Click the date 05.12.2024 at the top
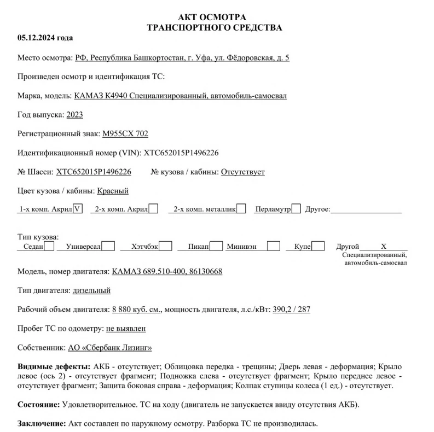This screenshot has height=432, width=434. (x=45, y=38)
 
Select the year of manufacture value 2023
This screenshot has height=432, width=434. (x=74, y=114)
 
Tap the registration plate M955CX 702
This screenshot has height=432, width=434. (x=125, y=133)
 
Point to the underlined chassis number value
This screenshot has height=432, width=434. (x=94, y=172)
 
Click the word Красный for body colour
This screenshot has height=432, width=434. (x=113, y=191)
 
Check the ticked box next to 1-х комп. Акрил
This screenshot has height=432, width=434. (x=78, y=208)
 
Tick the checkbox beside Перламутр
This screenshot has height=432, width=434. (x=296, y=208)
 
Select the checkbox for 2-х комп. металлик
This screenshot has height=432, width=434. (x=241, y=208)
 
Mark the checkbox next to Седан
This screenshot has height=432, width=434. (x=49, y=247)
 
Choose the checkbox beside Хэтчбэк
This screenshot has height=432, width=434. (x=166, y=247)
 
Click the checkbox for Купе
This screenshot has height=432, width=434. (x=319, y=247)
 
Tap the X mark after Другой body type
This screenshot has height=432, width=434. (x=384, y=247)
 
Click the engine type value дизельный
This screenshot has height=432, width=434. (x=92, y=290)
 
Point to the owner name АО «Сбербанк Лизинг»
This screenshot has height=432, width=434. (x=110, y=347)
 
